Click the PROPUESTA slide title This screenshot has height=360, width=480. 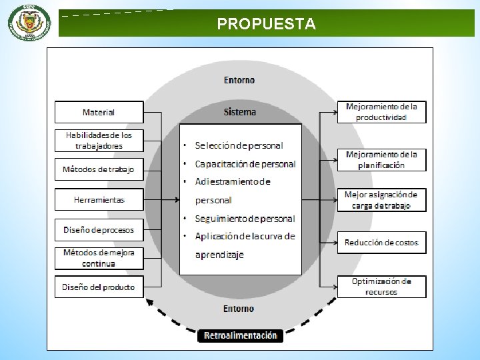point(266,25)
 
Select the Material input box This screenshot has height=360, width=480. point(99,112)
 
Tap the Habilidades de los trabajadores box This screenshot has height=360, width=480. point(99,140)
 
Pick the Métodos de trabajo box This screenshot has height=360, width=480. point(99,169)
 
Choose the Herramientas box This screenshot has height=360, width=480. point(99,199)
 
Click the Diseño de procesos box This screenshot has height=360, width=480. point(99,230)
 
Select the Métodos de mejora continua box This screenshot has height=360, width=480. point(99,258)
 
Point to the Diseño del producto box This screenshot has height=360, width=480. point(99,287)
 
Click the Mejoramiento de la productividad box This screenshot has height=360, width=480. point(381,112)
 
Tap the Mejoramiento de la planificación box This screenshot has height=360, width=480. point(381,159)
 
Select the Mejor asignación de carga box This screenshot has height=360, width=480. point(381,200)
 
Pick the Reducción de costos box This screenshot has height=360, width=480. point(381,242)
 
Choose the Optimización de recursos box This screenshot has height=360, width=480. point(381,286)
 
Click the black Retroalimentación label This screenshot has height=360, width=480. point(240,335)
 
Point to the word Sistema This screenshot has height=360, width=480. point(239,111)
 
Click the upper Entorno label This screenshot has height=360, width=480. point(239,80)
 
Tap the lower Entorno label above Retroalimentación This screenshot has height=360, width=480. point(239,309)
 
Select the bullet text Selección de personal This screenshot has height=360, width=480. point(239,145)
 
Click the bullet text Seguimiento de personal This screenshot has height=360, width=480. point(245,218)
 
